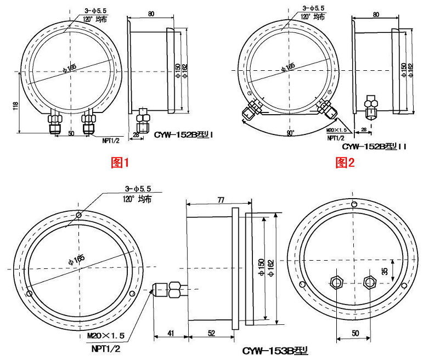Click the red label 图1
click(120, 162)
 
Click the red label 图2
click(345, 162)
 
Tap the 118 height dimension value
click(15, 106)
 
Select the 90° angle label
click(290, 133)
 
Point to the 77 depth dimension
click(221, 200)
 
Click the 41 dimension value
click(171, 333)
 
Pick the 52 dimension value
click(212, 333)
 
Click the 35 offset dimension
click(385, 271)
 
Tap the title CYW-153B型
click(275, 351)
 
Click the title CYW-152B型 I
click(183, 134)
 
